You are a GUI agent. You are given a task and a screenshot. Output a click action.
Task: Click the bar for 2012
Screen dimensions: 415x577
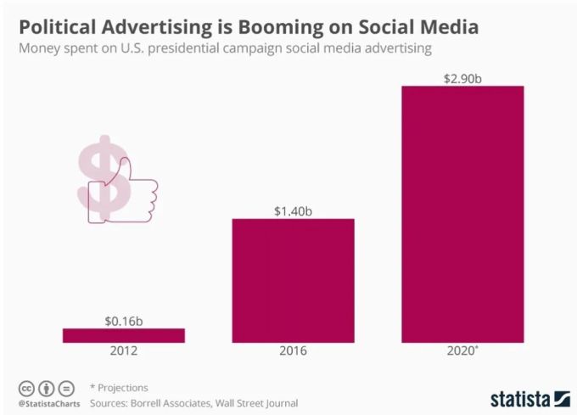coord(124,335)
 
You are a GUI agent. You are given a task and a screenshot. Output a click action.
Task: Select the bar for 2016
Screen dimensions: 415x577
coord(293,280)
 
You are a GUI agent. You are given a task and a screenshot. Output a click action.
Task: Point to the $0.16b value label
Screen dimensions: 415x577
coord(124,321)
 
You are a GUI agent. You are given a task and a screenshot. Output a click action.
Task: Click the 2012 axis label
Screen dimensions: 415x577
coord(124,351)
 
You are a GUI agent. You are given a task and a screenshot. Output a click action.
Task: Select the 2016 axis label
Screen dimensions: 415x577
coord(293,351)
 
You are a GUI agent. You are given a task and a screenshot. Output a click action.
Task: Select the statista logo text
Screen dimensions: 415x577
coord(520,397)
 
